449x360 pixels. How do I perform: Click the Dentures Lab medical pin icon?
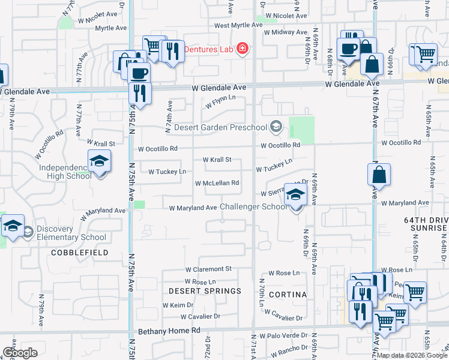click(242, 49)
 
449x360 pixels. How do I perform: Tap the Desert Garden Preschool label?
click(220, 127)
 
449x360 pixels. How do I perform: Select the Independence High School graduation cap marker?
click(99, 161)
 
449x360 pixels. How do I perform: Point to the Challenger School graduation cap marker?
click(295, 196)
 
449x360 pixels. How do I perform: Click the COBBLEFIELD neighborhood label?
click(80, 253)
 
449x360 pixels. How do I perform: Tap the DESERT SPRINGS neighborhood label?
click(205, 291)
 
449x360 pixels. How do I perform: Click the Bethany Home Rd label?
click(169, 331)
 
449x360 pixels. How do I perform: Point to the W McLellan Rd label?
click(217, 183)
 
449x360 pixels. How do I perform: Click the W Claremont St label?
click(208, 269)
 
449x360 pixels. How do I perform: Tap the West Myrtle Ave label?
click(238, 25)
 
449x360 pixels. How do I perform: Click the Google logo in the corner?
click(20, 352)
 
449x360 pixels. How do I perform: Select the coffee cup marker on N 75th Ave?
click(139, 74)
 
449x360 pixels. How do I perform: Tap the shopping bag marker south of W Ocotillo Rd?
click(379, 176)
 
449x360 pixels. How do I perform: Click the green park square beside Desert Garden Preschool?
click(302, 128)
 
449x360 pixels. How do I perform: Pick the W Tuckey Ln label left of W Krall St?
click(166, 172)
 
